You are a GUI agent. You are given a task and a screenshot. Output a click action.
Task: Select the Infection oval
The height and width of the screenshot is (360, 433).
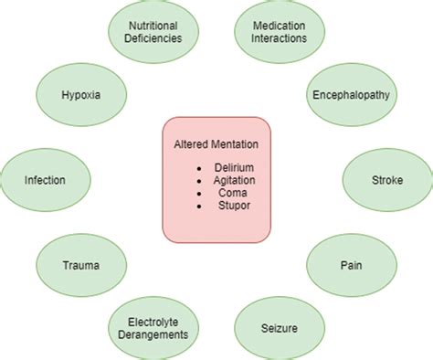coord(43,180)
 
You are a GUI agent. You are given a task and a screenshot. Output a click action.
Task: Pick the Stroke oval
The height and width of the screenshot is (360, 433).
coord(387,180)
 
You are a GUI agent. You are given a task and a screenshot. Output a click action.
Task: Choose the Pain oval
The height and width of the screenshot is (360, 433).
coord(351,266)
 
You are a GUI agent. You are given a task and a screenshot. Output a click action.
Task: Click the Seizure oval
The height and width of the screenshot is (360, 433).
coord(278,325)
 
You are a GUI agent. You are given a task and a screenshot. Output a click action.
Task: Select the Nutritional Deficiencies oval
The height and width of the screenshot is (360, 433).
coord(154,34)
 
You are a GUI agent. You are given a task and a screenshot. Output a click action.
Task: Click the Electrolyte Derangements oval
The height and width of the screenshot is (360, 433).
coord(154,326)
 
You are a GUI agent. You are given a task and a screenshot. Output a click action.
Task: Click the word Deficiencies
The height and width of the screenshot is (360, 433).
coord(154,40)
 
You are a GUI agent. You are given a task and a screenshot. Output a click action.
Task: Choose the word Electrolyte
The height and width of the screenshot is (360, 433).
coord(154,320)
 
